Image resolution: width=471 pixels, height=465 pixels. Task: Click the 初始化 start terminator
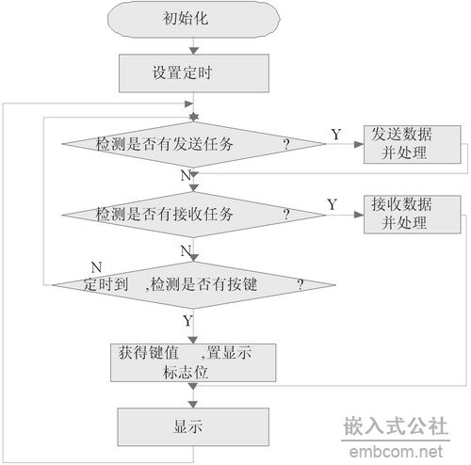pyautogui.click(x=194, y=19)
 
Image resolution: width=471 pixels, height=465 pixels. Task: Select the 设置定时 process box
pyautogui.click(x=194, y=73)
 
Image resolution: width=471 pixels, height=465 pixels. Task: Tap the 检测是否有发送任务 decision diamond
pyautogui.click(x=194, y=144)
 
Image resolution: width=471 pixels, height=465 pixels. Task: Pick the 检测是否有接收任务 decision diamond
pyautogui.click(x=194, y=215)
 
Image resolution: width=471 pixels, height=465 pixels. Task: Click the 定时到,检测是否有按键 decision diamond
pyautogui.click(x=194, y=285)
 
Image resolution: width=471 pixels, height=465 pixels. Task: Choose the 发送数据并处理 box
pyautogui.click(x=413, y=144)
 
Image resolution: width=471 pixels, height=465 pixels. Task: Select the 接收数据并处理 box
pyautogui.click(x=413, y=215)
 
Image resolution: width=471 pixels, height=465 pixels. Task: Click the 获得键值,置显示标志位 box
pyautogui.click(x=193, y=362)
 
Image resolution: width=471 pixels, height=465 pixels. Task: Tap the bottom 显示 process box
pyautogui.click(x=193, y=427)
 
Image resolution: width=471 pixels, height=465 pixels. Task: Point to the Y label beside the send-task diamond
pyautogui.click(x=336, y=135)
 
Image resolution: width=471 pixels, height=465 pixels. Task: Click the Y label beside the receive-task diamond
pyautogui.click(x=332, y=204)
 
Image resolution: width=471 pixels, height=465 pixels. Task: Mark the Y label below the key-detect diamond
pyautogui.click(x=187, y=321)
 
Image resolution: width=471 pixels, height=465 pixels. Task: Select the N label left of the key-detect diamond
pyautogui.click(x=96, y=267)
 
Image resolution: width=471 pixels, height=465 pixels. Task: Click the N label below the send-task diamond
pyautogui.click(x=186, y=175)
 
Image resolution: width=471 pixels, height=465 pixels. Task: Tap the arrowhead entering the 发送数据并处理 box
pyautogui.click(x=359, y=144)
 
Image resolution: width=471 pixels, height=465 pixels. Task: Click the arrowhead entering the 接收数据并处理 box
pyautogui.click(x=359, y=215)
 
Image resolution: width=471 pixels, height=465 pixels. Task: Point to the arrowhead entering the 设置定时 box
pyautogui.click(x=194, y=51)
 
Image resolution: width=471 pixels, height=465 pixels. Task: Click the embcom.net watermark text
pyautogui.click(x=396, y=452)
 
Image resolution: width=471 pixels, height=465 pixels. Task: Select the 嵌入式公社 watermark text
pyautogui.click(x=396, y=425)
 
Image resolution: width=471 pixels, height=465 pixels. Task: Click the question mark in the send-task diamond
pyautogui.click(x=286, y=145)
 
